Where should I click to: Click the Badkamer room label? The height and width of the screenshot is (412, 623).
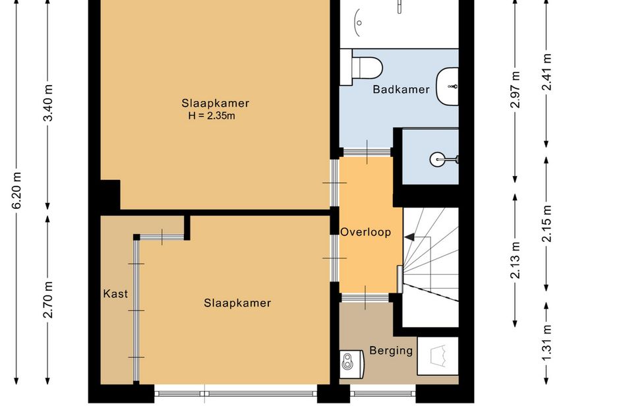(x=401, y=90)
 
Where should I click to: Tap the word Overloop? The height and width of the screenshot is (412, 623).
(x=365, y=232)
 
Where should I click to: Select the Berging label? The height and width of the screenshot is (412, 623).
(x=391, y=351)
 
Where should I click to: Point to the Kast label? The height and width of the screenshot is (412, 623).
(x=115, y=294)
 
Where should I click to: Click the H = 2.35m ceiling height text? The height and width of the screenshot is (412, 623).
(x=212, y=115)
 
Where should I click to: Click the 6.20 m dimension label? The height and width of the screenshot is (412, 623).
(x=16, y=191)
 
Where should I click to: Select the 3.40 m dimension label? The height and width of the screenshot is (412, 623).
(x=47, y=103)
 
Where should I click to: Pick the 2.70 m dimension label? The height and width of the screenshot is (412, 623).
(x=47, y=300)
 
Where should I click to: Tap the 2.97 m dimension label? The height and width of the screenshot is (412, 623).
(x=516, y=90)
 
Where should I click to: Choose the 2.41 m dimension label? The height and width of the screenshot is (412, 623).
(x=547, y=72)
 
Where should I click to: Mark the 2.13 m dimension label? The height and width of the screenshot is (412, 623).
(x=516, y=260)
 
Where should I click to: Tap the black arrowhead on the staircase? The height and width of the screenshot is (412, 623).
(x=409, y=237)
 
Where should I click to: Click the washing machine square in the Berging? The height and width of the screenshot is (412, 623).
(x=438, y=356)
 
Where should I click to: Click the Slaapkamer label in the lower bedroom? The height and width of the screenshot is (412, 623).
(x=237, y=303)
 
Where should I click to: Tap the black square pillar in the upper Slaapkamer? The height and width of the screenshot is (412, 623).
(x=110, y=194)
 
